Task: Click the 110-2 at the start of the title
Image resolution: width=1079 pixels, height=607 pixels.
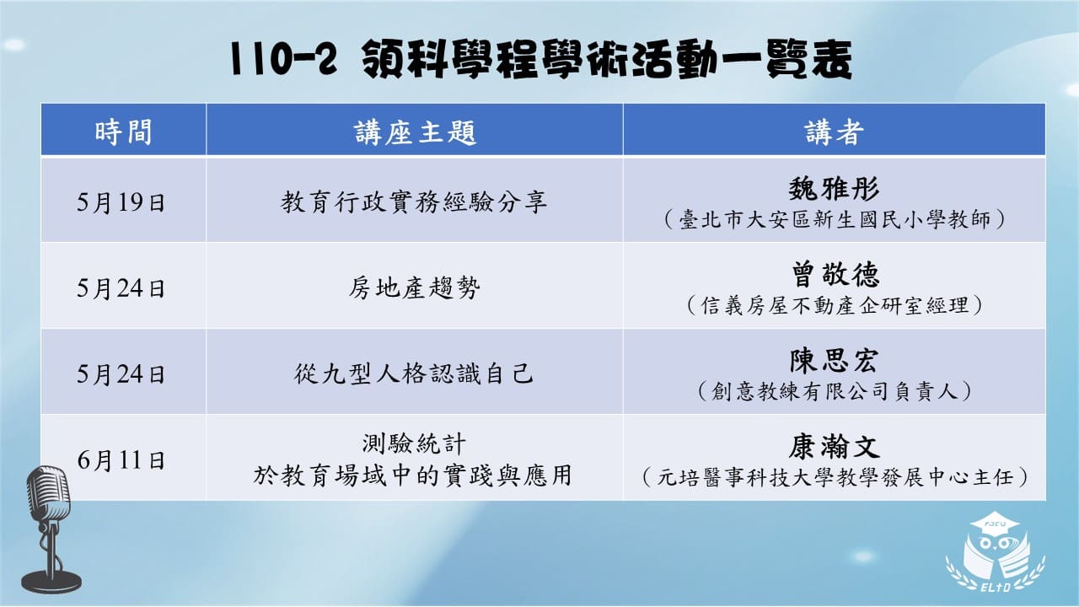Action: (x=282, y=60)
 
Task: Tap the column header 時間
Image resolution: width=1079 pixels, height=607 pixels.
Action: (x=123, y=132)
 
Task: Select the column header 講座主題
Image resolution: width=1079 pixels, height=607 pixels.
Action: (x=415, y=132)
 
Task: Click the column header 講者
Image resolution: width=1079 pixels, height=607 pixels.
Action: (x=834, y=132)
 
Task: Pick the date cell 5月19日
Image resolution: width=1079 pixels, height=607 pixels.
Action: (x=121, y=201)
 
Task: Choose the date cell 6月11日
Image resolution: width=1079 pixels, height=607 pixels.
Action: (x=121, y=460)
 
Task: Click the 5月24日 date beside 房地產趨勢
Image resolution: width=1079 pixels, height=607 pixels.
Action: (x=121, y=288)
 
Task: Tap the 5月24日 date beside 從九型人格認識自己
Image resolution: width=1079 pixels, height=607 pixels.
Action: (x=121, y=373)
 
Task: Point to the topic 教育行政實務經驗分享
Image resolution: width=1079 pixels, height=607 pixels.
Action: (x=414, y=201)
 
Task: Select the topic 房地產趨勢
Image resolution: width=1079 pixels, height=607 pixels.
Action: (x=414, y=288)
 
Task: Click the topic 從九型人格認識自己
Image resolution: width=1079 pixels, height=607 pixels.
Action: (x=414, y=373)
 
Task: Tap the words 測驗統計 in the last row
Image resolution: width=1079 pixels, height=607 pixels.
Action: (x=414, y=443)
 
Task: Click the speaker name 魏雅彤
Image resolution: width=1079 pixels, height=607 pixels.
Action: (x=834, y=188)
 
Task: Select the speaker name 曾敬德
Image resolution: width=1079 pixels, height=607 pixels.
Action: (x=835, y=274)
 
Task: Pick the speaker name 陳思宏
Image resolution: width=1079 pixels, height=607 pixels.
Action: (x=834, y=360)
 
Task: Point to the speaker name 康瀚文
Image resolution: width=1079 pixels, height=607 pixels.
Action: (x=834, y=446)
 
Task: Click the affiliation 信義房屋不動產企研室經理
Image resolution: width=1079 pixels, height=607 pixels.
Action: (x=835, y=305)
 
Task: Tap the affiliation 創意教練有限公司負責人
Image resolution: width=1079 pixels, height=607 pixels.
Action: (x=835, y=391)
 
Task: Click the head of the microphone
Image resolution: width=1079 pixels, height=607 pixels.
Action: (x=48, y=493)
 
